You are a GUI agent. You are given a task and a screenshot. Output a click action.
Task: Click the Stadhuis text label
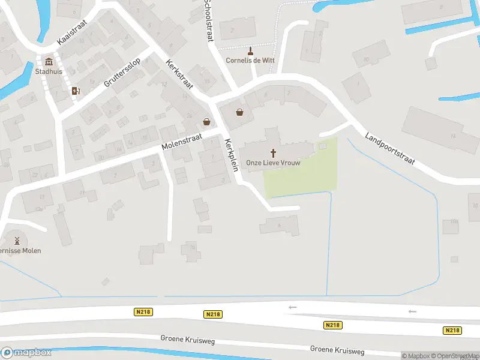(x=49, y=71)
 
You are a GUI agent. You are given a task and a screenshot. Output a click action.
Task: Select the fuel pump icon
(x=76, y=91)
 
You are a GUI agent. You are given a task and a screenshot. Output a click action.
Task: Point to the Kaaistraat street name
(x=72, y=33)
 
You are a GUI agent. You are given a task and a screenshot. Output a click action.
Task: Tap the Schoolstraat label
(x=209, y=20)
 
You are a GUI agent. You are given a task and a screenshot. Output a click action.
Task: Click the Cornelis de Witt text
(x=250, y=60)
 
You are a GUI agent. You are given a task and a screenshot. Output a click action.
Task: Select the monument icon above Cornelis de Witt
(x=251, y=50)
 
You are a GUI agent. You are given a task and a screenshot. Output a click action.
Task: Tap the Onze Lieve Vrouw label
(x=273, y=163)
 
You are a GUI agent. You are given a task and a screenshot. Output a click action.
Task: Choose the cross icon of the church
(x=273, y=153)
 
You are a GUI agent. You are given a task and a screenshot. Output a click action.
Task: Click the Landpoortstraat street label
(x=390, y=154)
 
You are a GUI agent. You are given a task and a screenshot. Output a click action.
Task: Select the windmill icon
(x=17, y=240)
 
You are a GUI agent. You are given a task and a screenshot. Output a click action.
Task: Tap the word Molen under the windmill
(x=31, y=250)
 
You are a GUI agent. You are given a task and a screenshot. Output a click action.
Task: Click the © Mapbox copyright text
(x=418, y=356)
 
